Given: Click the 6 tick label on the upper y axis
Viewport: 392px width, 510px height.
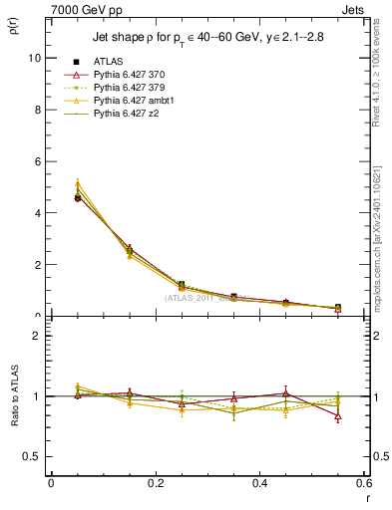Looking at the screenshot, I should pyautogui.click(x=37, y=161).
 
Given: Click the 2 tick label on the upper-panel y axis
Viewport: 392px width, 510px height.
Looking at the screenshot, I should pyautogui.click(x=37, y=265).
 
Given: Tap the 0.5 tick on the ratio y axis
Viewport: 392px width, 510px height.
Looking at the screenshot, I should pyautogui.click(x=33, y=456).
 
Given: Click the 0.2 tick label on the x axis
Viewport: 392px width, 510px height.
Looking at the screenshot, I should pyautogui.click(x=155, y=483).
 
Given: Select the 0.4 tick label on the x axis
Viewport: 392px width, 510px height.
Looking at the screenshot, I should pyautogui.click(x=259, y=483).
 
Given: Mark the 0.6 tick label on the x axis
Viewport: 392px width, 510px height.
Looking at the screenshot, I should pyautogui.click(x=363, y=483).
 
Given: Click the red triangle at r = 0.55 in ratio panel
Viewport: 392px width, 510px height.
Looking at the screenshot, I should pyautogui.click(x=338, y=416).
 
